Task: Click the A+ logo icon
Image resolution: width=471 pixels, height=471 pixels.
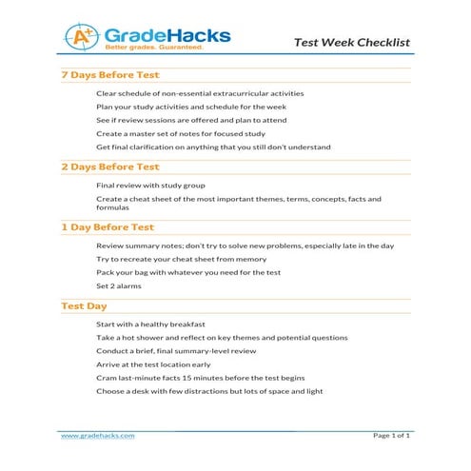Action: coord(81,37)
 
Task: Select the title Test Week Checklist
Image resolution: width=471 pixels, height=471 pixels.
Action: coord(351,43)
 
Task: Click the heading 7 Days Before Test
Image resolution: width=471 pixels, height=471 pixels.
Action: coord(109,75)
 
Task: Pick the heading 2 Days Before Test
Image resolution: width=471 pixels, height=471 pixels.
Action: coord(109,167)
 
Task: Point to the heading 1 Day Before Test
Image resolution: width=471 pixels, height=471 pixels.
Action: coord(107,227)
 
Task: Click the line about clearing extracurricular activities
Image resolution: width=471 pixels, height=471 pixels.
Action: coord(200,93)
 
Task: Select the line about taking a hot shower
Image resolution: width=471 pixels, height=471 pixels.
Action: coord(222,338)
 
